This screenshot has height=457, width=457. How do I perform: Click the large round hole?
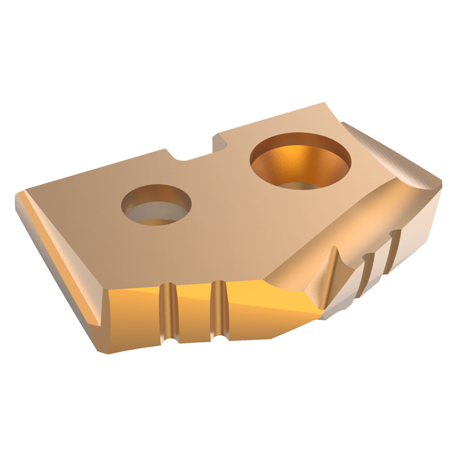point(301,161)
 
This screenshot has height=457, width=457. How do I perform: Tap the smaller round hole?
point(156,205)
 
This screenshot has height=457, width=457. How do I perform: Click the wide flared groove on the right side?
point(332,275)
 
